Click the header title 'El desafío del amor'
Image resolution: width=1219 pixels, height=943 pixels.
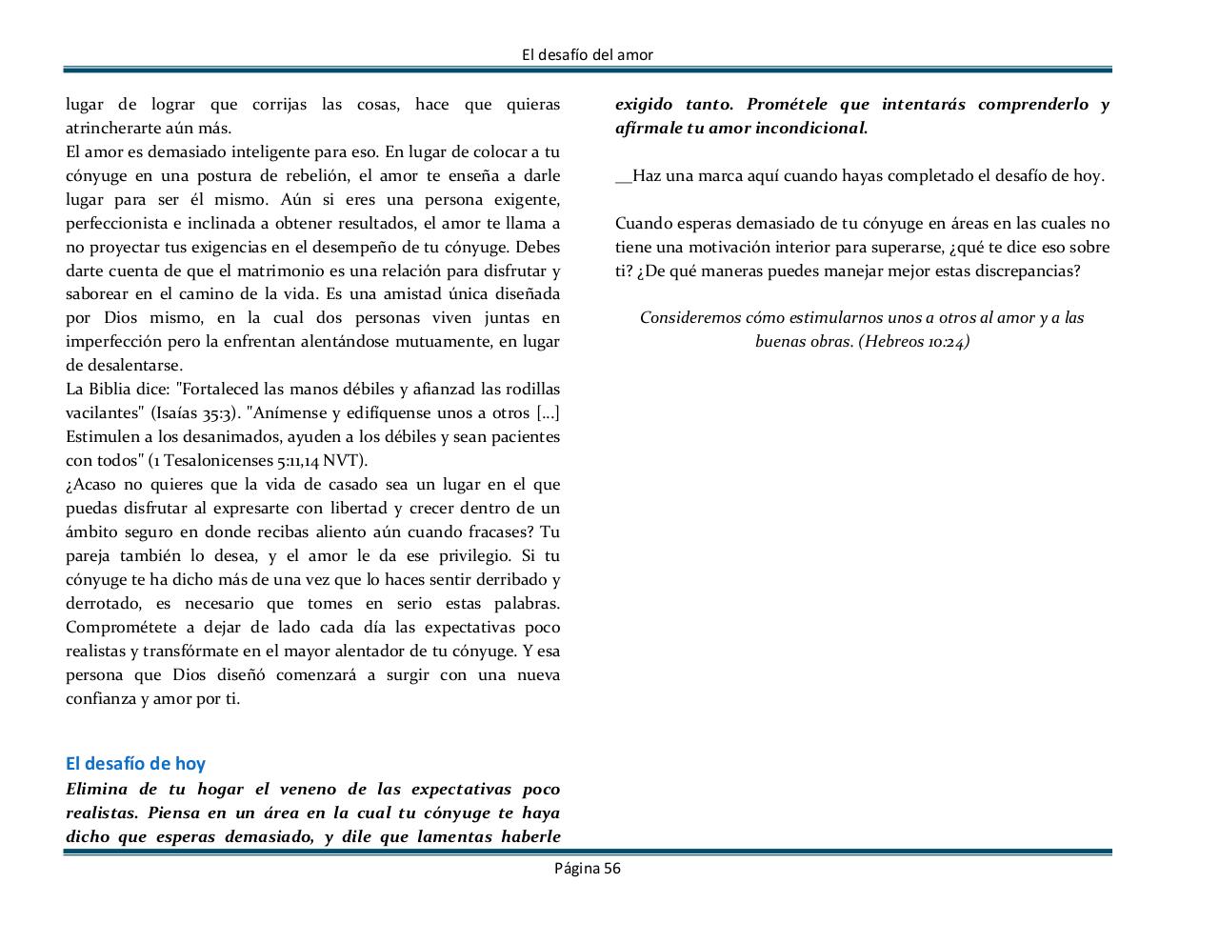tap(588, 54)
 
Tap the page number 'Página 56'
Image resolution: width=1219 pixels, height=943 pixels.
tap(588, 868)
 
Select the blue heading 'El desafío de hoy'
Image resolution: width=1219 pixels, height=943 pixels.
tap(135, 763)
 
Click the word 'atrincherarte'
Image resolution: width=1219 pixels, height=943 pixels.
tap(111, 128)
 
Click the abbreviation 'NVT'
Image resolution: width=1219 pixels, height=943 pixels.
tap(341, 461)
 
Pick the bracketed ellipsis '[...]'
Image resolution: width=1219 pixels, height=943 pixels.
tap(548, 413)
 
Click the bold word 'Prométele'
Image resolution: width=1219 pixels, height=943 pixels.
tap(789, 104)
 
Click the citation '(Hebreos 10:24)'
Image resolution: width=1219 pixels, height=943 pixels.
tap(913, 342)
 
